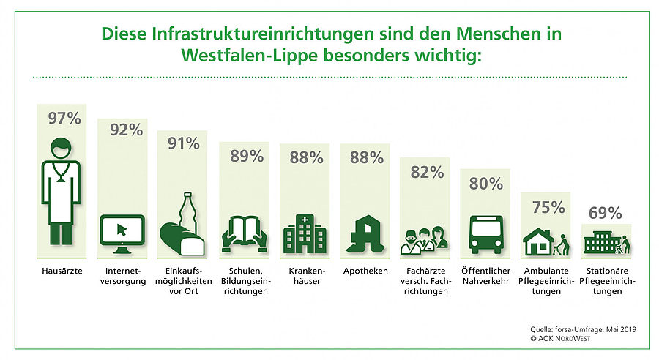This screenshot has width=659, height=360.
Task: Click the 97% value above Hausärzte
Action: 63,119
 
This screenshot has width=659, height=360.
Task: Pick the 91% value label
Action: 183,143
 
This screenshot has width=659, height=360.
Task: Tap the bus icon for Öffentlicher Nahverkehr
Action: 484,234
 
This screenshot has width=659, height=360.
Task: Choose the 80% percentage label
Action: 484,184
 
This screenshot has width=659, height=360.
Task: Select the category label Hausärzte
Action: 62,271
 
